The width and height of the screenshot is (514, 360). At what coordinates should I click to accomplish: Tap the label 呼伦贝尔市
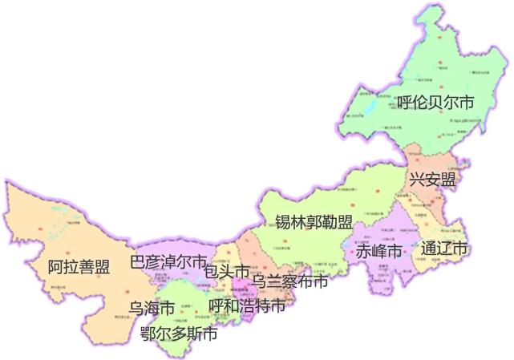pyautogui.click(x=435, y=103)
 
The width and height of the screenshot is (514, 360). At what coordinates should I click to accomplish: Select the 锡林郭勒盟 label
pyautogui.click(x=314, y=222)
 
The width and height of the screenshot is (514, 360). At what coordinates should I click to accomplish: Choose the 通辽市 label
pyautogui.click(x=443, y=249)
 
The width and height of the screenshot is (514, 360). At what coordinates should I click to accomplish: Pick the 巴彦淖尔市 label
pyautogui.click(x=168, y=261)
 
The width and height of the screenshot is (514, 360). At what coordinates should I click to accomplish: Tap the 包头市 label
pyautogui.click(x=227, y=273)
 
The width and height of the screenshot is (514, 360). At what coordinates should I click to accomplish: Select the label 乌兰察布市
pyautogui.click(x=290, y=281)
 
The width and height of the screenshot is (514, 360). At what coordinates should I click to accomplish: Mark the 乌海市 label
pyautogui.click(x=152, y=308)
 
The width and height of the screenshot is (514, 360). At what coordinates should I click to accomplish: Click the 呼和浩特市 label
pyautogui.click(x=246, y=306)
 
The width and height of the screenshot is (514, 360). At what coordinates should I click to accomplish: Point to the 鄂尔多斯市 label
pyautogui.click(x=178, y=334)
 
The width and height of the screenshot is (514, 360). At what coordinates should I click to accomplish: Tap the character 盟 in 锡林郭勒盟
pyautogui.click(x=345, y=222)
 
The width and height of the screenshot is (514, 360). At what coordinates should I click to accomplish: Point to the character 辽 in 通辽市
pyautogui.click(x=443, y=249)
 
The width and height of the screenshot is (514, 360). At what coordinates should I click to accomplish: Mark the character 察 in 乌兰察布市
pyautogui.click(x=290, y=281)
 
